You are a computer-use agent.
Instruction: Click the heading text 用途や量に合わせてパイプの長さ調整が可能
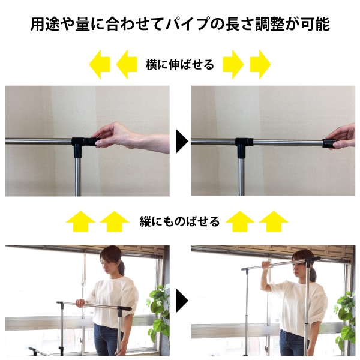pyautogui.click(x=180, y=24)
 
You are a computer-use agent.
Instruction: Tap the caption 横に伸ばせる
pyautogui.click(x=180, y=65)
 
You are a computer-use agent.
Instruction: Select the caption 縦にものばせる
pyautogui.click(x=179, y=221)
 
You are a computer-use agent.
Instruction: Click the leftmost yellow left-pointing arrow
pyautogui.click(x=100, y=65)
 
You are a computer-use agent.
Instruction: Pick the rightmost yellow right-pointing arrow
pyautogui.click(x=260, y=65)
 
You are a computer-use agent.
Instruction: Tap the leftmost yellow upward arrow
pyautogui.click(x=80, y=221)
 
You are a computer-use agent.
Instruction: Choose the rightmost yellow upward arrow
pyautogui.click(x=274, y=221)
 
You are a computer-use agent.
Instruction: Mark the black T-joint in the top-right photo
pyautogui.click(x=243, y=147)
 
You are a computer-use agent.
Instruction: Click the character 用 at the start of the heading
pyautogui.click(x=37, y=24)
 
